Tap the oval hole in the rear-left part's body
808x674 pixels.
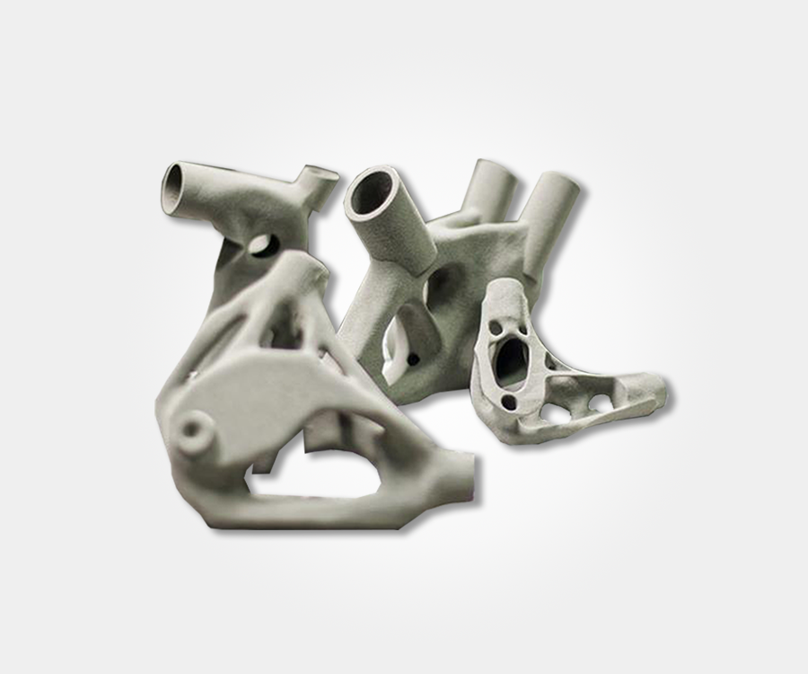pyautogui.click(x=263, y=244)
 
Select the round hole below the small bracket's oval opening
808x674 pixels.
pyautogui.click(x=510, y=401)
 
